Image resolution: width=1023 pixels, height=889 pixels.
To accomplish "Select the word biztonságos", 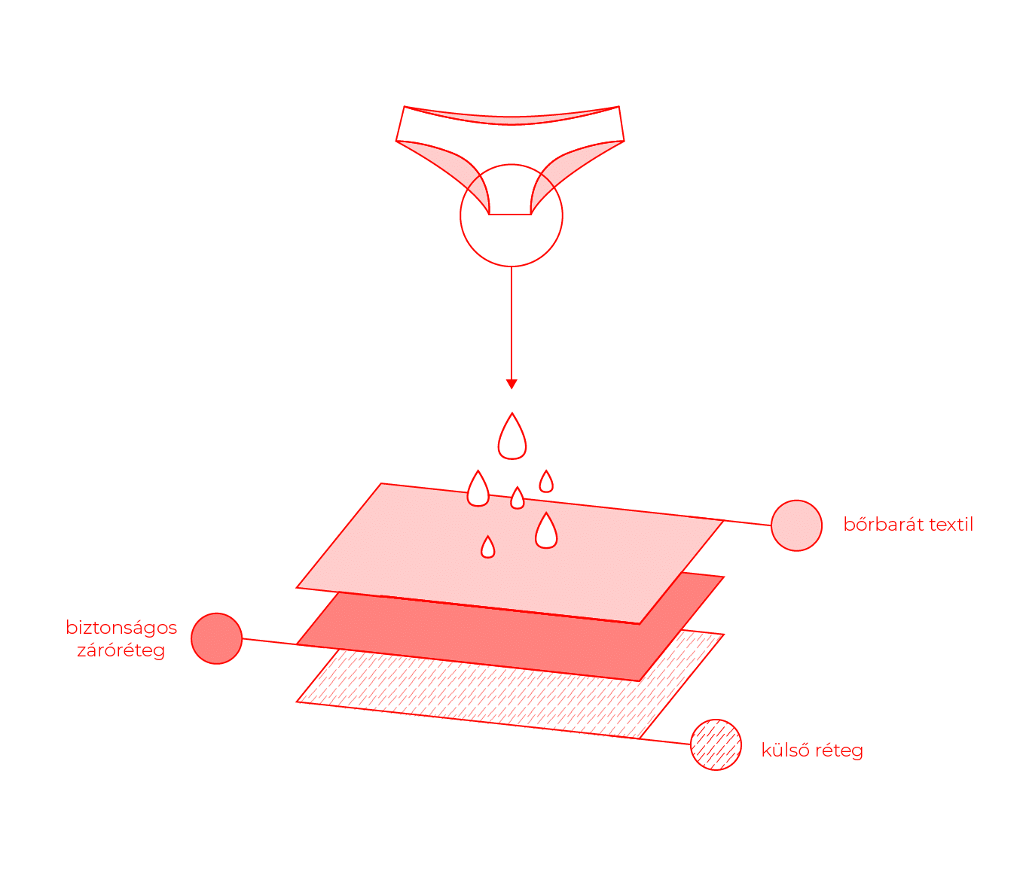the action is [121, 628].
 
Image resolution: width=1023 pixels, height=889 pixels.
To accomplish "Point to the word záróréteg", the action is [121, 650].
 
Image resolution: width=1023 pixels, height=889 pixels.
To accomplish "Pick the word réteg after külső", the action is [839, 752].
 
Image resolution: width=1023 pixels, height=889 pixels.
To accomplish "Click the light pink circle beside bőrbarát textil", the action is [796, 525].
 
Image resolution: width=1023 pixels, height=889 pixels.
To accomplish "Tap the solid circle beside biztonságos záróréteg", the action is [216, 638].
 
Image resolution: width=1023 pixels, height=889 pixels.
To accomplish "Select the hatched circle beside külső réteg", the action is [716, 744].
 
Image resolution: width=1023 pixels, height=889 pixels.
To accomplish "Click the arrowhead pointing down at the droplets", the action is [511, 384].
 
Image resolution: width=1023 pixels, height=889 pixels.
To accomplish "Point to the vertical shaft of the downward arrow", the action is [511, 323].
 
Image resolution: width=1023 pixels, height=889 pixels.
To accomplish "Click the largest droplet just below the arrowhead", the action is [511, 437].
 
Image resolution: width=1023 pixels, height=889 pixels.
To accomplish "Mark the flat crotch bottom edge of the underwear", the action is [509, 215].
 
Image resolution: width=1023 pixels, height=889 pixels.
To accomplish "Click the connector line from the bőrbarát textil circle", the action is [747, 522].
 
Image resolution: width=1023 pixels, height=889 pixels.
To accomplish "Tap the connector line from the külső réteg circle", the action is [665, 741].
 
